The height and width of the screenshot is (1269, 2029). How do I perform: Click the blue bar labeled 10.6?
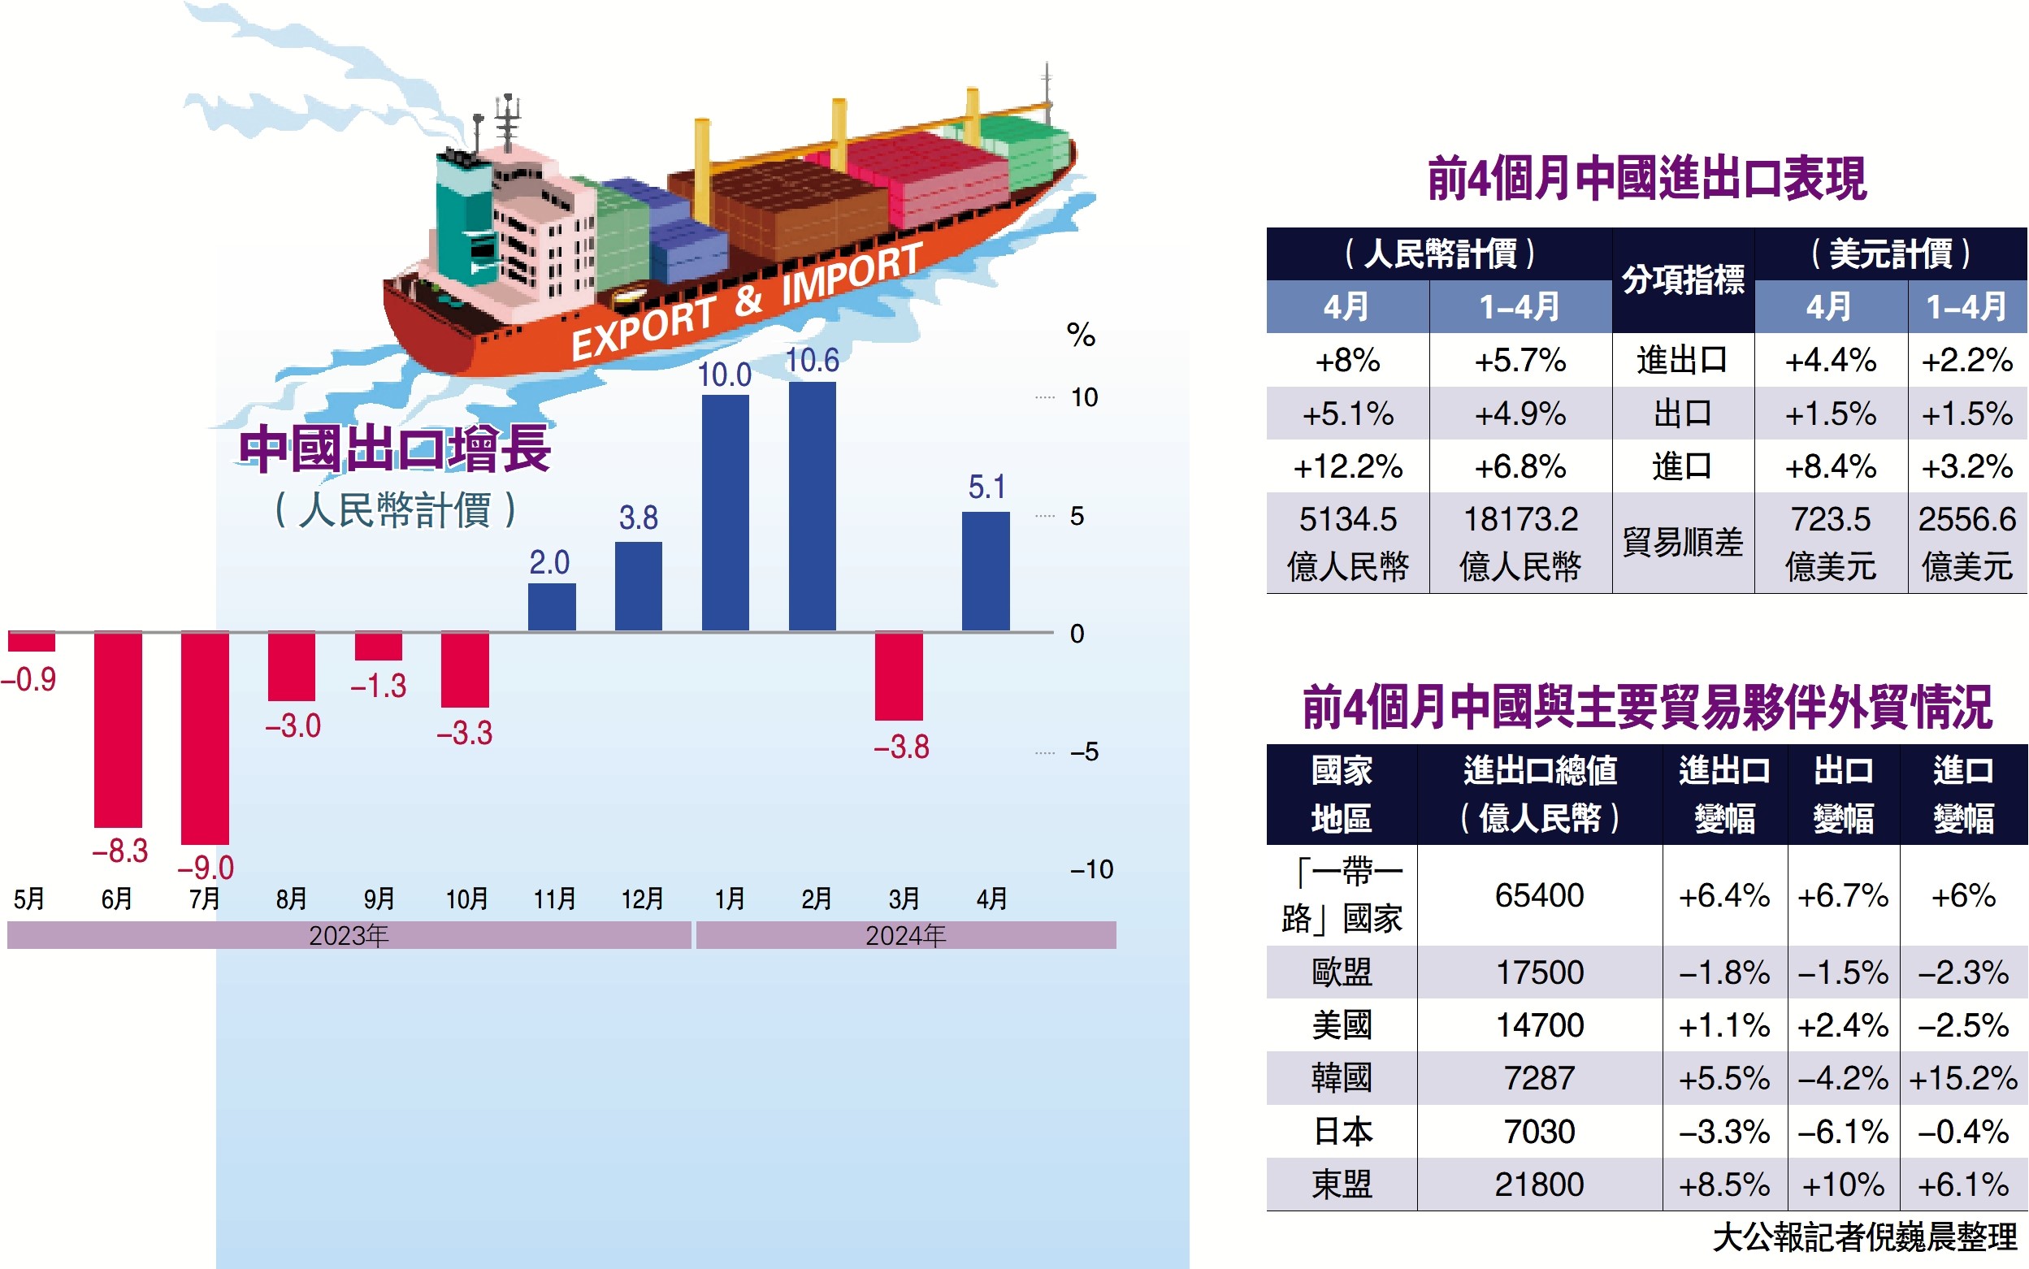(x=812, y=505)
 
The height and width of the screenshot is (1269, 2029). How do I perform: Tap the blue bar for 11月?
(x=552, y=606)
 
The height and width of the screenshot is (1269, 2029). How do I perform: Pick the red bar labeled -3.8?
(x=898, y=676)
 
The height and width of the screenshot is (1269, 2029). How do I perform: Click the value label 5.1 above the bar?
(x=986, y=487)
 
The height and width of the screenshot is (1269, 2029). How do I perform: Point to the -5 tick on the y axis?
(x=1084, y=752)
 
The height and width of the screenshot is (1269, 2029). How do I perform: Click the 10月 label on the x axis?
(x=466, y=899)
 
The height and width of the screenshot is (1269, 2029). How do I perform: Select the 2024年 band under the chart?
(x=905, y=935)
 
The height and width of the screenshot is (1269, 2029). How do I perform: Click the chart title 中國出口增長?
(x=395, y=449)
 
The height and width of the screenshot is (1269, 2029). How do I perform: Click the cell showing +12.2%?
(x=1347, y=466)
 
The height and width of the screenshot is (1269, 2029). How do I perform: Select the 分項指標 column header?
(x=1682, y=280)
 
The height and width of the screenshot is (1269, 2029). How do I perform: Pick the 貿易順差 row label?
(x=1682, y=542)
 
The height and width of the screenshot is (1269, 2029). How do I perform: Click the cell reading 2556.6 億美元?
(x=1966, y=542)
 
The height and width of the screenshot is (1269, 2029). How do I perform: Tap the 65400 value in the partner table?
(x=1539, y=895)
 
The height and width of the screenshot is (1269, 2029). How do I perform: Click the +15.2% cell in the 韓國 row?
(x=1962, y=1078)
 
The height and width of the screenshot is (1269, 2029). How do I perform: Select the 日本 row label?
(x=1342, y=1132)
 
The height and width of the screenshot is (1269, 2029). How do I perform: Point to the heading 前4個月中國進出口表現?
(x=1646, y=179)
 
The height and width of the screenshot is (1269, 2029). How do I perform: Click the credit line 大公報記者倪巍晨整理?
(x=1863, y=1237)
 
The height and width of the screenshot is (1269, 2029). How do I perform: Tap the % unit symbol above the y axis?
(x=1081, y=336)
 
